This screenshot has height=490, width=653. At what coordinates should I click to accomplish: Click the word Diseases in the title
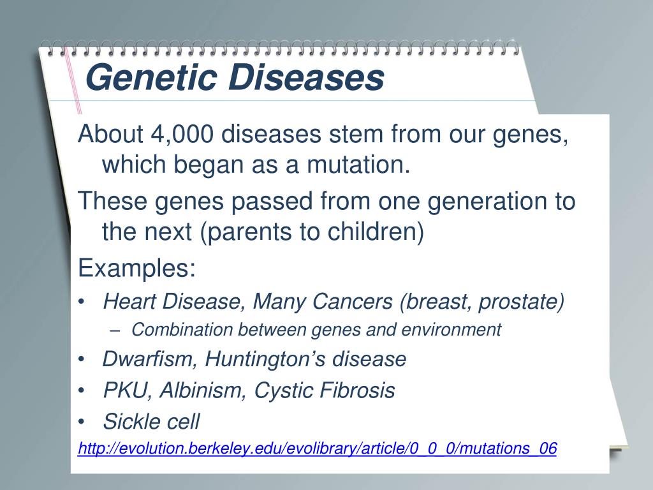[x=307, y=77]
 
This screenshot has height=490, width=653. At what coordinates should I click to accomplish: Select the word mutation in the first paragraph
[x=355, y=165]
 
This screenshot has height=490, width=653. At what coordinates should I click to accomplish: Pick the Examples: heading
[x=136, y=268]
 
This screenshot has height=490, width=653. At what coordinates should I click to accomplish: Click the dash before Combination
[x=115, y=330]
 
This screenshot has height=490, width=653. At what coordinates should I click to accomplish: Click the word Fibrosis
[x=357, y=390]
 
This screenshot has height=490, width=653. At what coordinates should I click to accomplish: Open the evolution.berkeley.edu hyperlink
[x=318, y=449]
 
